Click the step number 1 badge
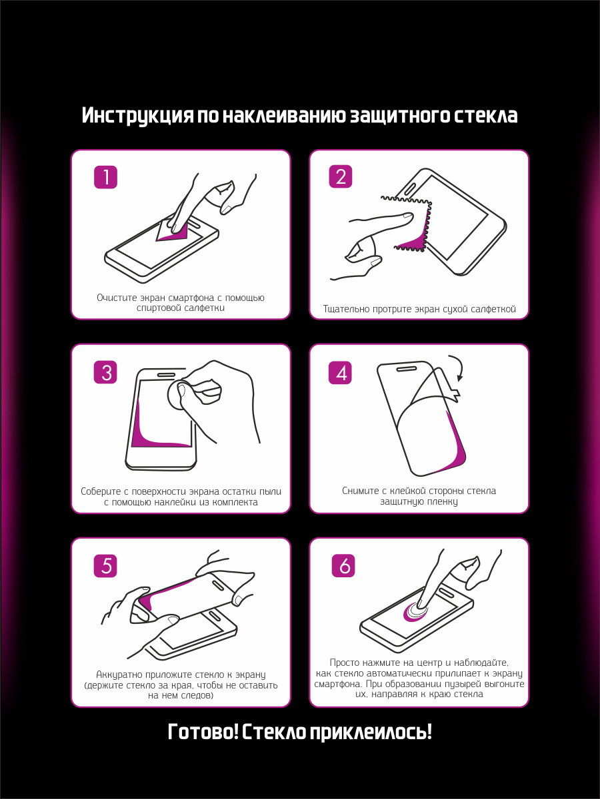[x=105, y=177]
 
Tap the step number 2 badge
[x=341, y=176]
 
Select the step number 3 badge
[x=105, y=372]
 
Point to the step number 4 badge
[x=340, y=372]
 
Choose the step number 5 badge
[x=105, y=566]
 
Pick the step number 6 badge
[x=343, y=565]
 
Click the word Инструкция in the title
[x=137, y=116]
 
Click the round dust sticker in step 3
[x=182, y=396]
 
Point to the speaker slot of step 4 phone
[x=406, y=369]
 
